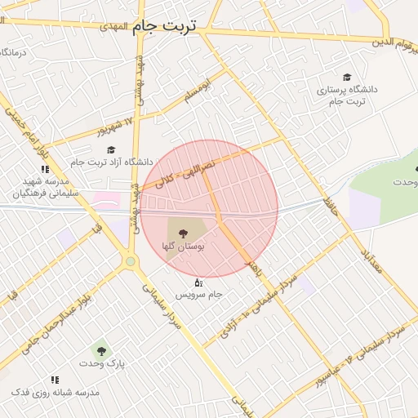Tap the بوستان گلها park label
tap(184, 245)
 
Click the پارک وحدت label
tap(102, 363)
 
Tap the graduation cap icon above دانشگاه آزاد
tap(111, 149)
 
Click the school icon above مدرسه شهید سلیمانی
tap(44, 169)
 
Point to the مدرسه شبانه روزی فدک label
tap(56, 393)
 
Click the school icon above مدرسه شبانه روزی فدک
tap(55, 380)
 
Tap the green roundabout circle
tap(130, 261)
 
